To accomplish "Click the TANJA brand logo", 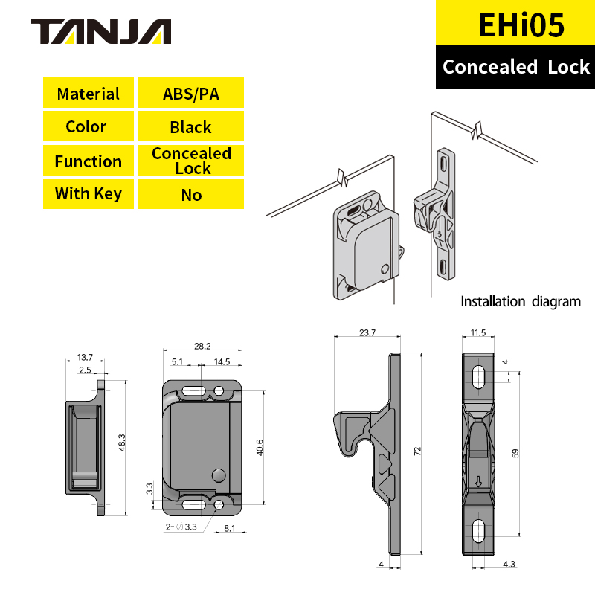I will [x=101, y=31].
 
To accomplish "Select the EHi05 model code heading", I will [x=515, y=24].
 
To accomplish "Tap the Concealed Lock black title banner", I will [x=515, y=67].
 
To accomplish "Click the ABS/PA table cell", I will [x=190, y=94].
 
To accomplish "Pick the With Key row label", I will [x=88, y=194].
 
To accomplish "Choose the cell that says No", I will [x=190, y=195].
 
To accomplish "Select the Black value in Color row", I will [x=190, y=127].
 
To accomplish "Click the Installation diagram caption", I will [x=520, y=301].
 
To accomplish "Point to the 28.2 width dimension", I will [x=202, y=346].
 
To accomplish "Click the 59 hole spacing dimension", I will [x=514, y=453].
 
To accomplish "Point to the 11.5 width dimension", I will [x=477, y=332].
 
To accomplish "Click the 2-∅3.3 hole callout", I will [x=181, y=527].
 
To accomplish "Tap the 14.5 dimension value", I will [x=221, y=361].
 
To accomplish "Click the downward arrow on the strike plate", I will [x=479, y=481].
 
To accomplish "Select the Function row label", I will [x=88, y=161].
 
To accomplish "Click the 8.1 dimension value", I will [x=231, y=529].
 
